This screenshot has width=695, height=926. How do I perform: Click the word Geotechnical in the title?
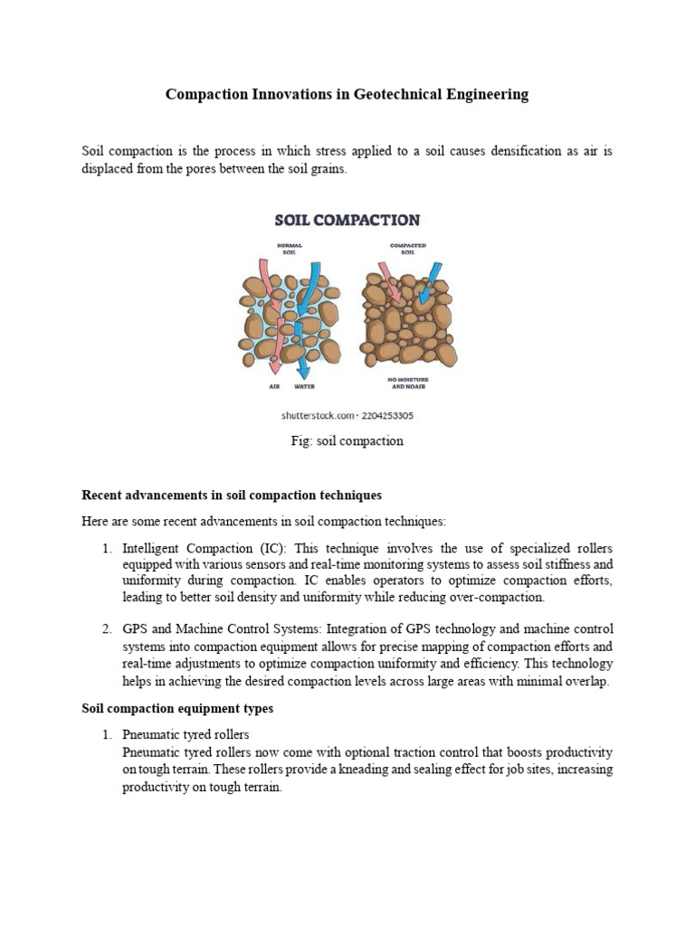[x=393, y=94]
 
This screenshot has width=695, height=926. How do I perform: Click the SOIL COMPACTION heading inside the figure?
[x=347, y=220]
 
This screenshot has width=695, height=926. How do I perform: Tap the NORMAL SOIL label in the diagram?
[x=290, y=250]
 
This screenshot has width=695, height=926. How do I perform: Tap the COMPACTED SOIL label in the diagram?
[x=407, y=250]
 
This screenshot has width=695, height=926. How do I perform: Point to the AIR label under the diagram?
[x=274, y=386]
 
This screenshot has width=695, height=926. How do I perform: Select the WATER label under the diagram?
[x=304, y=386]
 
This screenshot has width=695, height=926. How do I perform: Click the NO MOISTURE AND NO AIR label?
[x=407, y=383]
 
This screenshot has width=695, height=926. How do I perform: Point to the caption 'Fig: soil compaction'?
[x=347, y=441]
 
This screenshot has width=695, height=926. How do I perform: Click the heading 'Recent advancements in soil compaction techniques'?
[x=232, y=495]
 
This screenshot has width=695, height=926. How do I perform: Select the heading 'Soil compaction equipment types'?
[x=177, y=709]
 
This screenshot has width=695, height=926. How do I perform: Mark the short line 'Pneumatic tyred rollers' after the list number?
[x=186, y=734]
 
